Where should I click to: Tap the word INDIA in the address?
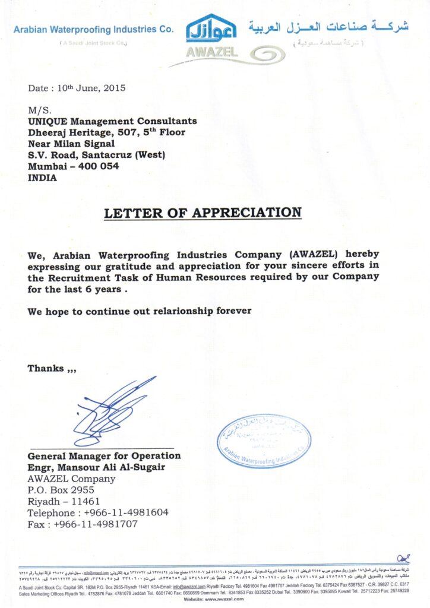pos(42,178)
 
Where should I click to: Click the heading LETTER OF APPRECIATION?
pos(203,213)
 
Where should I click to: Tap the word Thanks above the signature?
pos(46,369)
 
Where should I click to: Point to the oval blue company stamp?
pos(264,441)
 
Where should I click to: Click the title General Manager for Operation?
pos(104,456)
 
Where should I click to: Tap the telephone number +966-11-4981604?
pos(127,512)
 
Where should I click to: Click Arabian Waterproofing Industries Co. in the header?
pos(93,29)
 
